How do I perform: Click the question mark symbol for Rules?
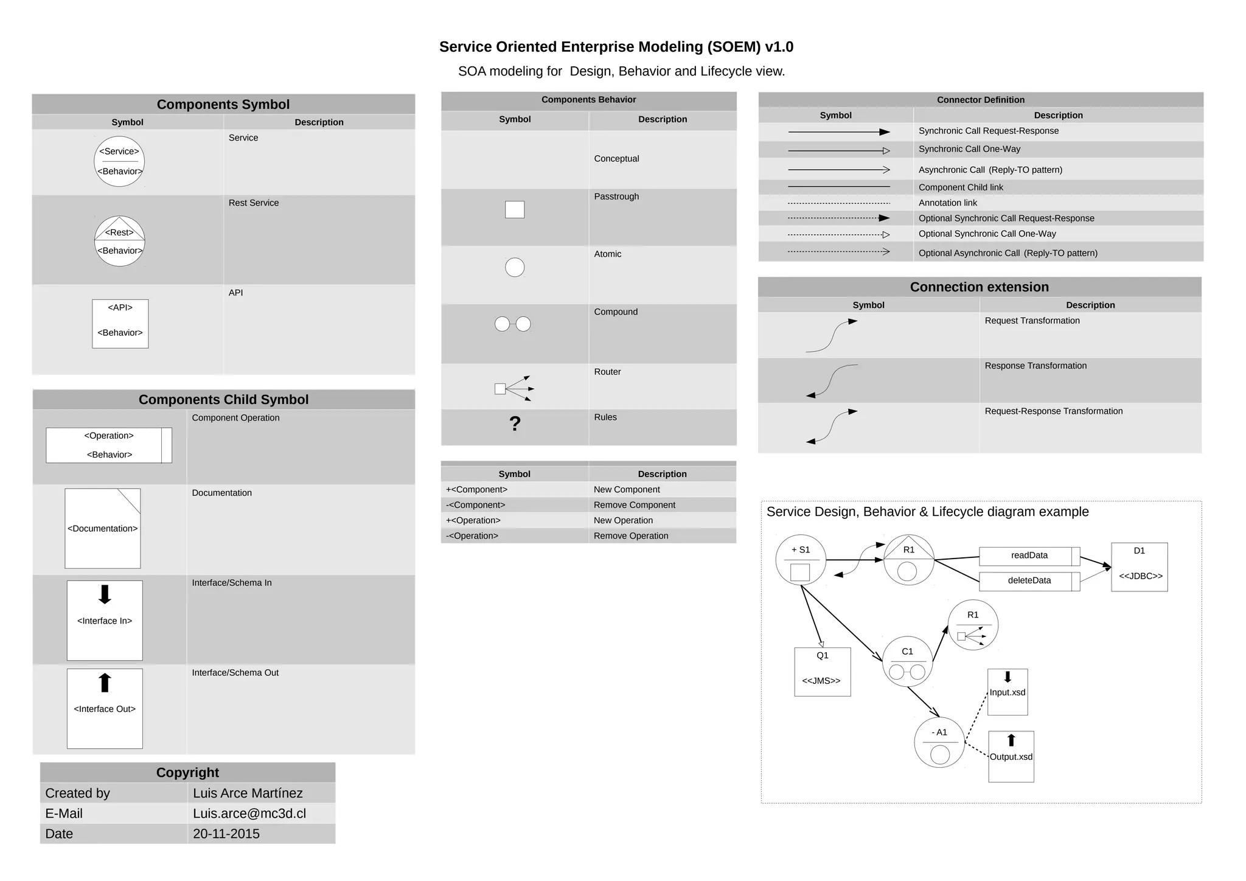click(515, 423)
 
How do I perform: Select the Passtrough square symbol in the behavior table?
click(515, 209)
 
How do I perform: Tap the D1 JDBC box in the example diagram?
click(1139, 566)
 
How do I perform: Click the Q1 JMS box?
click(822, 671)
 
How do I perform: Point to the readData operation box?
click(1029, 555)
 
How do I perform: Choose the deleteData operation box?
click(1029, 580)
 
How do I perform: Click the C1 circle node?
click(907, 661)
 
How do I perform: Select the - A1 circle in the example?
click(939, 742)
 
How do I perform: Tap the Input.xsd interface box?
click(1008, 692)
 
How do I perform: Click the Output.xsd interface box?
click(1011, 756)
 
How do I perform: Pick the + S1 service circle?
click(801, 560)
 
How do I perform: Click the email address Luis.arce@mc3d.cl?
click(249, 813)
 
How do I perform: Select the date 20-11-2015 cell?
click(226, 834)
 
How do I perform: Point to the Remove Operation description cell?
click(631, 535)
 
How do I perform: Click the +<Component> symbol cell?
click(476, 489)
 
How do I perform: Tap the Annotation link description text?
click(947, 203)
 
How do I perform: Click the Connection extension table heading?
click(979, 287)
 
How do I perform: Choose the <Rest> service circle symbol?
click(120, 241)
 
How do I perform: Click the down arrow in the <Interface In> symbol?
click(105, 594)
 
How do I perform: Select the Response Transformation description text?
click(1035, 366)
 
